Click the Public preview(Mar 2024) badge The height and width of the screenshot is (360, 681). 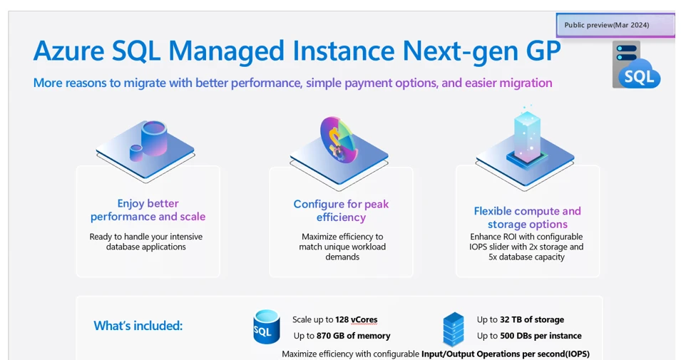pyautogui.click(x=615, y=25)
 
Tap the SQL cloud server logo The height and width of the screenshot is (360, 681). pyautogui.click(x=636, y=65)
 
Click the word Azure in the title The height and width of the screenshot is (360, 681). pyautogui.click(x=68, y=51)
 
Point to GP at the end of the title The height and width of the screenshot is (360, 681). pyautogui.click(x=543, y=51)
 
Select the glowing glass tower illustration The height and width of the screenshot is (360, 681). pyautogui.click(x=527, y=135)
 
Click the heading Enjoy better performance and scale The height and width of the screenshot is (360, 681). pyautogui.click(x=148, y=210)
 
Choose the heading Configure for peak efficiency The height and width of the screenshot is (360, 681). pyautogui.click(x=341, y=210)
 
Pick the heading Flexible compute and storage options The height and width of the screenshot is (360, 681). pyautogui.click(x=527, y=217)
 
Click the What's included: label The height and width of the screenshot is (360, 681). pyautogui.click(x=138, y=326)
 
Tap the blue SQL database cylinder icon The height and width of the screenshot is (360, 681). pyautogui.click(x=266, y=327)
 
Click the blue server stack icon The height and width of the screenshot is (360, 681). pyautogui.click(x=454, y=329)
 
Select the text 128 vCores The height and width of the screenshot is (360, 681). pyautogui.click(x=356, y=320)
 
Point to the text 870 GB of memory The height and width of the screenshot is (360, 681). pyautogui.click(x=353, y=336)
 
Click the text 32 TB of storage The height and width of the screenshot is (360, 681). pyautogui.click(x=532, y=319)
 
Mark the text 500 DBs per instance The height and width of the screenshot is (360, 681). pyautogui.click(x=541, y=336)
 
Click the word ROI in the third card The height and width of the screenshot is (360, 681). pyautogui.click(x=506, y=237)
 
